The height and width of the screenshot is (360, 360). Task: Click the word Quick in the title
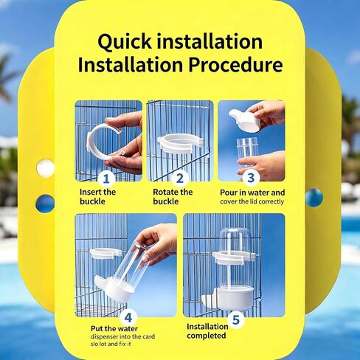[125, 42]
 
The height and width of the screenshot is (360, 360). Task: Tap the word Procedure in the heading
[235, 65]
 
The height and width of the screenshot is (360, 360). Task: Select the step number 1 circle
[106, 179]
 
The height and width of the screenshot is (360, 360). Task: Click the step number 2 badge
[180, 179]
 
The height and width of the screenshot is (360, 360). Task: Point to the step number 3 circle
[251, 178]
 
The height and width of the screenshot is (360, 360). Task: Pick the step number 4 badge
[128, 318]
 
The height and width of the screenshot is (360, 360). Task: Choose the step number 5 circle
[236, 319]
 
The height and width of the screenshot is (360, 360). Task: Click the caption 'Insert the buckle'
[97, 197]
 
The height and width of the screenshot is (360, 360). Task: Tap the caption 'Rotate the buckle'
[173, 197]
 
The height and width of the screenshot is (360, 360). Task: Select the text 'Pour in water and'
[252, 193]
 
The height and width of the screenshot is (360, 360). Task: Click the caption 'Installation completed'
[207, 331]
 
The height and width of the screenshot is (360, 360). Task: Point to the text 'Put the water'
[114, 328]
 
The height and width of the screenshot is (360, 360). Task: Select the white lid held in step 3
[245, 120]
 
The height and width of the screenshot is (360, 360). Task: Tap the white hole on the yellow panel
[45, 167]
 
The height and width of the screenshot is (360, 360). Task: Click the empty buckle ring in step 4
[105, 253]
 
